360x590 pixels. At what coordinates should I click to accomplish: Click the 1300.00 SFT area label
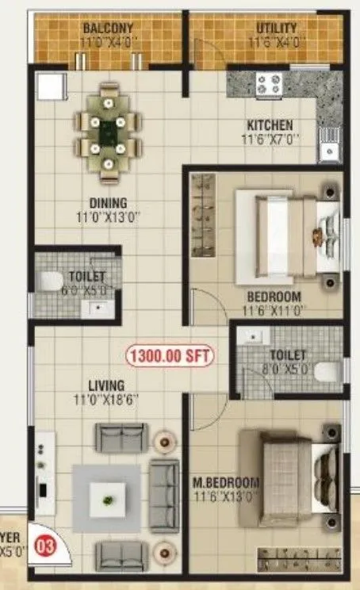pos(170,357)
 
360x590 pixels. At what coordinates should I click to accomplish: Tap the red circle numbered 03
pos(48,546)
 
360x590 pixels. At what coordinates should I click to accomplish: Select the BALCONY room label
pos(107,29)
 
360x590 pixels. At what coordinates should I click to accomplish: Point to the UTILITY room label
pos(275,29)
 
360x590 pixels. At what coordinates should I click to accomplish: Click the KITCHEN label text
pos(270,125)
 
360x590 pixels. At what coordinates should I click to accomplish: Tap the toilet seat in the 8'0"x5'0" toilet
pos(328,370)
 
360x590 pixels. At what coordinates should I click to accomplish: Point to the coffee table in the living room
pos(106,497)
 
